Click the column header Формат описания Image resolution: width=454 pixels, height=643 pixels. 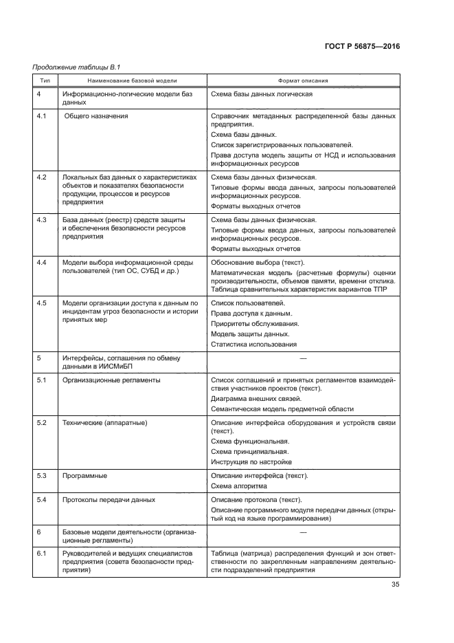[x=303, y=80]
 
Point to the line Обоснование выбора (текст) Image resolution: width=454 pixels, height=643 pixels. [x=257, y=263]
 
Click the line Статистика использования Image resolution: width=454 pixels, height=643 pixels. [x=254, y=343]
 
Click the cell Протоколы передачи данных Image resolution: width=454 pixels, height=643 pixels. [x=109, y=499]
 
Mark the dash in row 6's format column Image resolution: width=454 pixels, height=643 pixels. [x=303, y=532]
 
